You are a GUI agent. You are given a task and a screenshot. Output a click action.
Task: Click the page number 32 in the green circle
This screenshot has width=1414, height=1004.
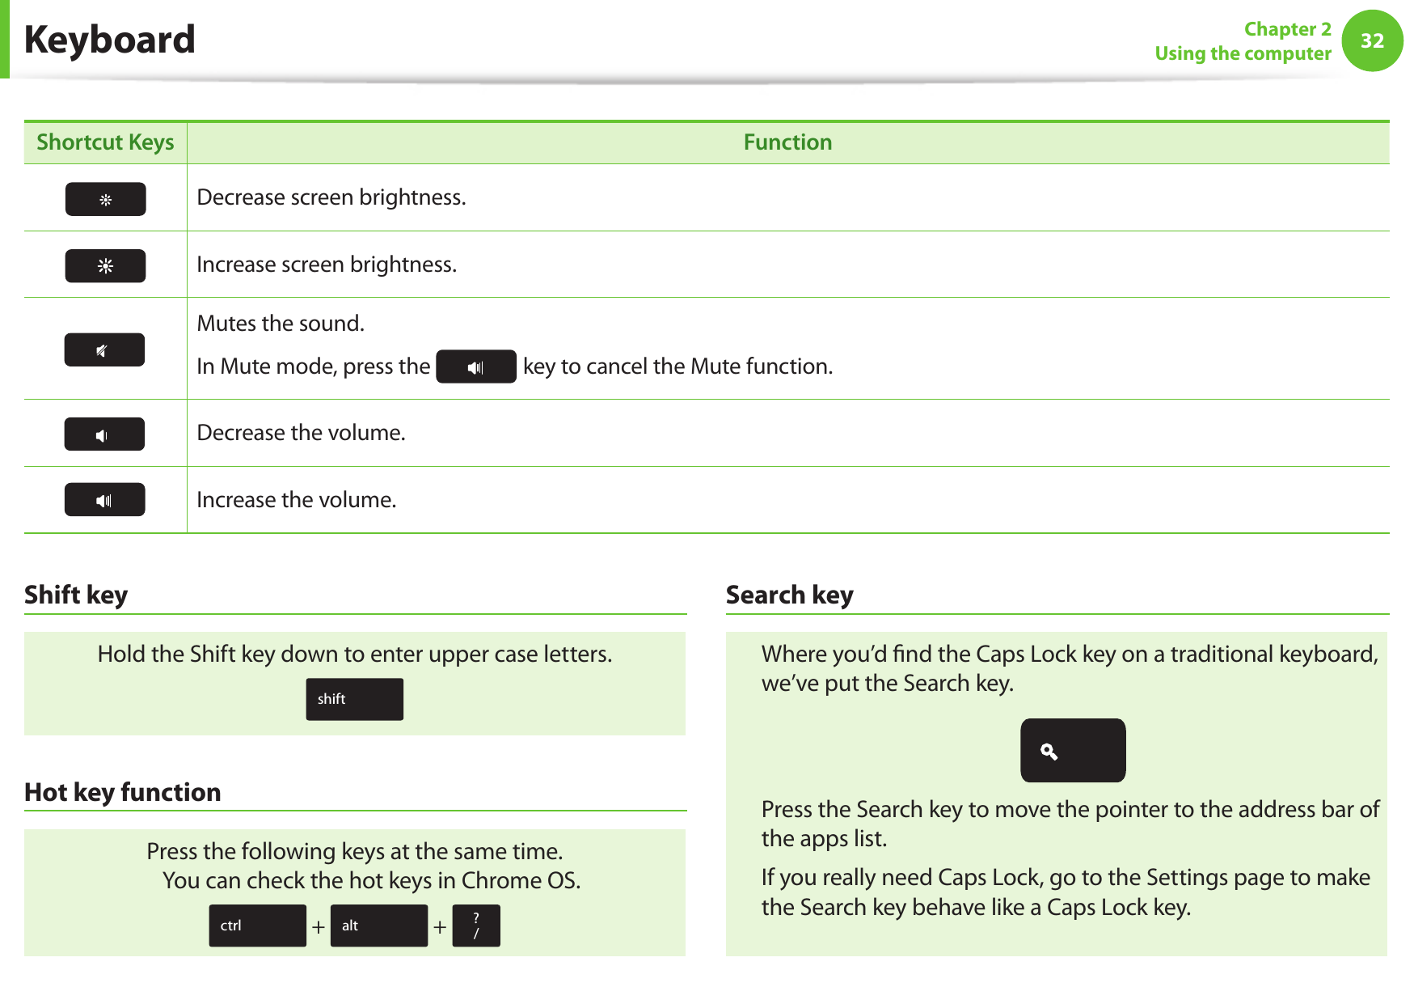(1372, 40)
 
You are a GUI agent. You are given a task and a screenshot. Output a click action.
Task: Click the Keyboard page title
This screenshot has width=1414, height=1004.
(109, 40)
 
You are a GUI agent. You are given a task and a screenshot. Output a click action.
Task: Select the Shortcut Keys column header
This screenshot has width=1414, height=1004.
(105, 142)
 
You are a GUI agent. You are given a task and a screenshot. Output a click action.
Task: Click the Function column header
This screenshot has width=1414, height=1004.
(787, 142)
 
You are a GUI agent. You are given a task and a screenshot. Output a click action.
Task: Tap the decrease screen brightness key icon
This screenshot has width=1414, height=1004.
(105, 199)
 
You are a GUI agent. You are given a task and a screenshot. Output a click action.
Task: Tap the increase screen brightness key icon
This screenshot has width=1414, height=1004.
(105, 265)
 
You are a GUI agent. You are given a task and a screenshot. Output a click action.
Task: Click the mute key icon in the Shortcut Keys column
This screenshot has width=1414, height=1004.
(104, 349)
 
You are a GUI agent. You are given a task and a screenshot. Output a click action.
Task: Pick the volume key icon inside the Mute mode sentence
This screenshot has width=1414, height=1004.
(475, 366)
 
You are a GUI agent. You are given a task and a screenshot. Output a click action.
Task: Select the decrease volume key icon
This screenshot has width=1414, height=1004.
(104, 434)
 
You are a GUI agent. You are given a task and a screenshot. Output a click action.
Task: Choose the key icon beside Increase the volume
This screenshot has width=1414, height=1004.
(104, 500)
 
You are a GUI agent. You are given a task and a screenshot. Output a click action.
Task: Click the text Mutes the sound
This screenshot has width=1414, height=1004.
(281, 324)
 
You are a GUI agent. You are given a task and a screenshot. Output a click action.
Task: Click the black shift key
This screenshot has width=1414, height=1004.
(354, 699)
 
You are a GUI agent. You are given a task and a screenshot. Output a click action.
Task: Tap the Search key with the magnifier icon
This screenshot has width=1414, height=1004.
(1072, 751)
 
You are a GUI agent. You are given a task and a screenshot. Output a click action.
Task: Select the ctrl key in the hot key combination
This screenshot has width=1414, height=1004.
(257, 926)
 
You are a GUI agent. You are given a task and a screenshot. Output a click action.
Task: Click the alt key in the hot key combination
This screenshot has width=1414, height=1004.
(378, 926)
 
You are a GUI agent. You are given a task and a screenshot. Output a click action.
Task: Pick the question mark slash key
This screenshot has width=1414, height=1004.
(475, 926)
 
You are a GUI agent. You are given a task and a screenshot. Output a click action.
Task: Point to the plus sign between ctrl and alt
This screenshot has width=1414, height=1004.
(319, 927)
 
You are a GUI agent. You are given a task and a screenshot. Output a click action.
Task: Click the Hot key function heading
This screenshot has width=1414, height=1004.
(123, 792)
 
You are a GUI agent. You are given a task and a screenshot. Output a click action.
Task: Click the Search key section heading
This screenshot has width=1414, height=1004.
(789, 595)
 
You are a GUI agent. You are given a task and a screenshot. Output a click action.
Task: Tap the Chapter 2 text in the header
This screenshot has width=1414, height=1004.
(1287, 29)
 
